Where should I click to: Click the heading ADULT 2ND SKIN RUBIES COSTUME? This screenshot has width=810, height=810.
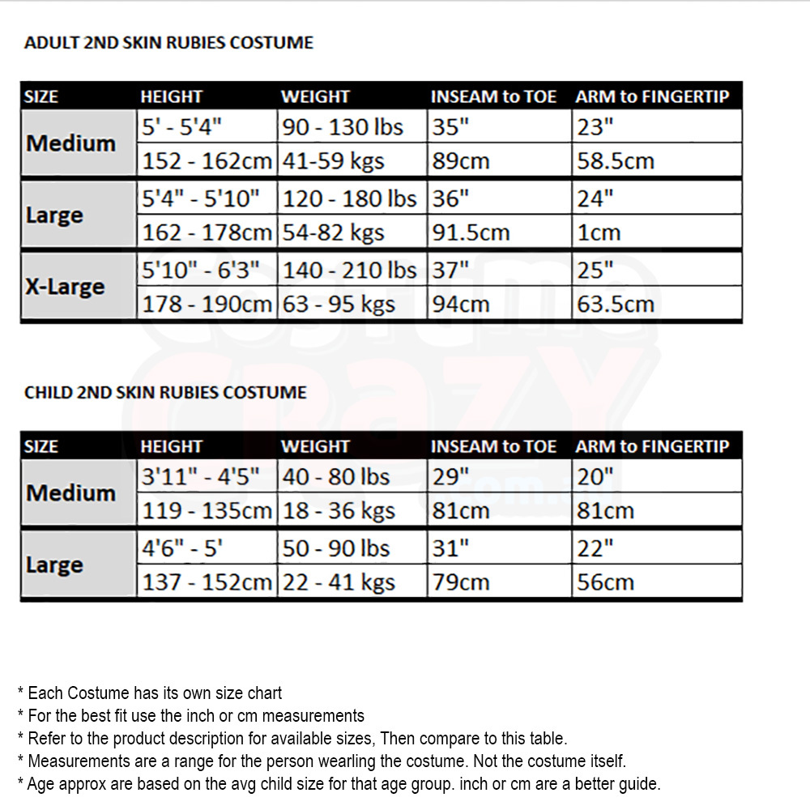pos(168,43)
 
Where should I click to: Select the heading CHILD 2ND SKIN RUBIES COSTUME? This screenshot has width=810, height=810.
pos(165,393)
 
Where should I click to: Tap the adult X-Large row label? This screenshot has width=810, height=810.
pos(65,287)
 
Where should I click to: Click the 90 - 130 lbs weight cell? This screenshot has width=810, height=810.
pos(345,127)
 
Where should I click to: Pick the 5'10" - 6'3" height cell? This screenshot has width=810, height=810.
pos(201,270)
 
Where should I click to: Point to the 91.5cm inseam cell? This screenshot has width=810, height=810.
pos(471,233)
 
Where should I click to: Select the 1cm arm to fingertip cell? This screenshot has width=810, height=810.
pos(599,233)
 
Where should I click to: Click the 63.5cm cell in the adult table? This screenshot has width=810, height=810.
pos(616,305)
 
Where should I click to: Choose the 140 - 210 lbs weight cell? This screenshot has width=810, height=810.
pos(349,270)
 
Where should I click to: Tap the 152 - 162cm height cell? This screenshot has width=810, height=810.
pos(207,161)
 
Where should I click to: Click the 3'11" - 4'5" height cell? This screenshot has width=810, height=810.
pos(201,477)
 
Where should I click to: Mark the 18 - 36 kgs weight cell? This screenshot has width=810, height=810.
pos(339,511)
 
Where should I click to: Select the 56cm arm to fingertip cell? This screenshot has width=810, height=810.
pos(606,582)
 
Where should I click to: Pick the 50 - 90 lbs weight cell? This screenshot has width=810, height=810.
pos(336,548)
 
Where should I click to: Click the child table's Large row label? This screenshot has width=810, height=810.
pos(54,565)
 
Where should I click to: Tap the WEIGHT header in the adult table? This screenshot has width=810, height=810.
pos(315,96)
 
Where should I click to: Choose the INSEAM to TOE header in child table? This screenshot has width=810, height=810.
pos(493,446)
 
